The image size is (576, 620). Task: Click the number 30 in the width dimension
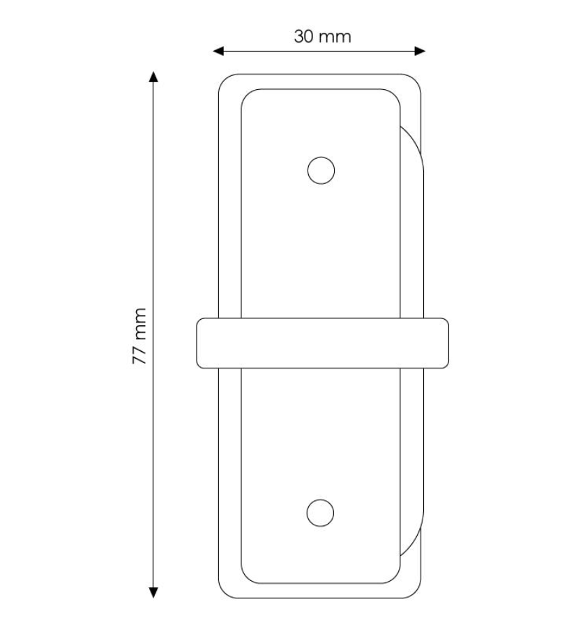click(304, 36)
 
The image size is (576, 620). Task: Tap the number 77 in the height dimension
click(139, 355)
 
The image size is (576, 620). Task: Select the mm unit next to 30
click(335, 36)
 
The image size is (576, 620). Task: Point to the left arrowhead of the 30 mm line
click(217, 51)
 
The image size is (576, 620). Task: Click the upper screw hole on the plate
click(321, 170)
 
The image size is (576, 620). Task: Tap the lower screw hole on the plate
click(320, 513)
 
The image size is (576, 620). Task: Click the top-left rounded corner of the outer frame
click(225, 81)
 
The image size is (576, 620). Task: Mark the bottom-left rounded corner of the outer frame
click(225, 592)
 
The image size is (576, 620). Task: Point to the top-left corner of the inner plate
click(246, 95)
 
